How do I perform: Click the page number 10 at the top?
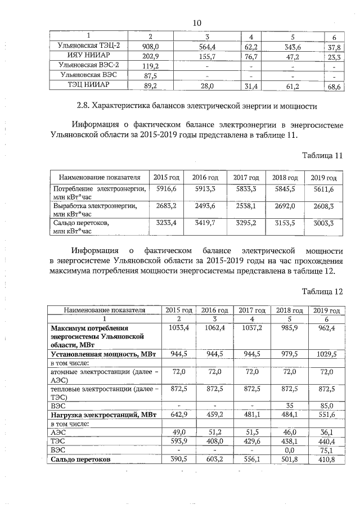[197, 22]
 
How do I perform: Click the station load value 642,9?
[177, 415]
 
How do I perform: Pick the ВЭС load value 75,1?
[326, 450]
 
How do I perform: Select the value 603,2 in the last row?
[214, 460]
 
